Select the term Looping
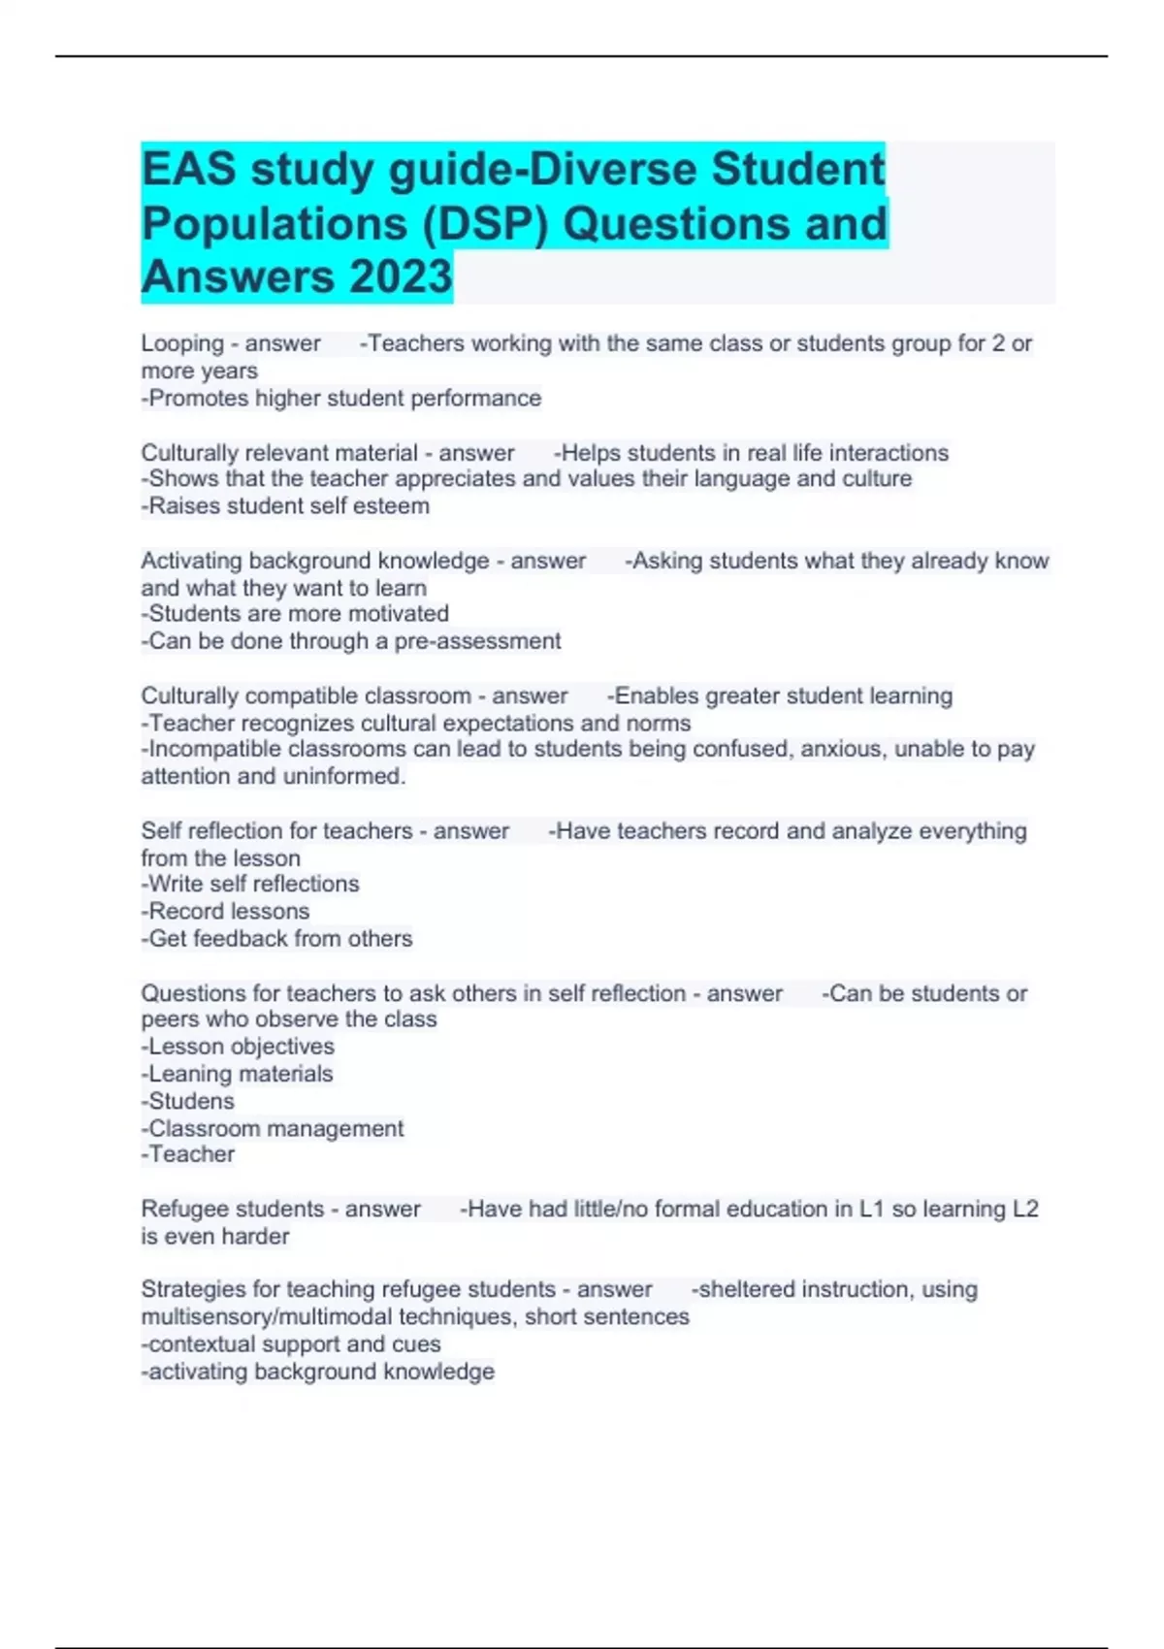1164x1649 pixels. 182,343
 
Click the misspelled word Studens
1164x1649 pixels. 191,1101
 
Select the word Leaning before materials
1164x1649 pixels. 189,1074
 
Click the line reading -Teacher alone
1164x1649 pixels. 188,1154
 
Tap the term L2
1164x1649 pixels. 1024,1209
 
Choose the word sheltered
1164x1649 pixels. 754,1289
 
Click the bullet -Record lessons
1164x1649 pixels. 225,911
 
